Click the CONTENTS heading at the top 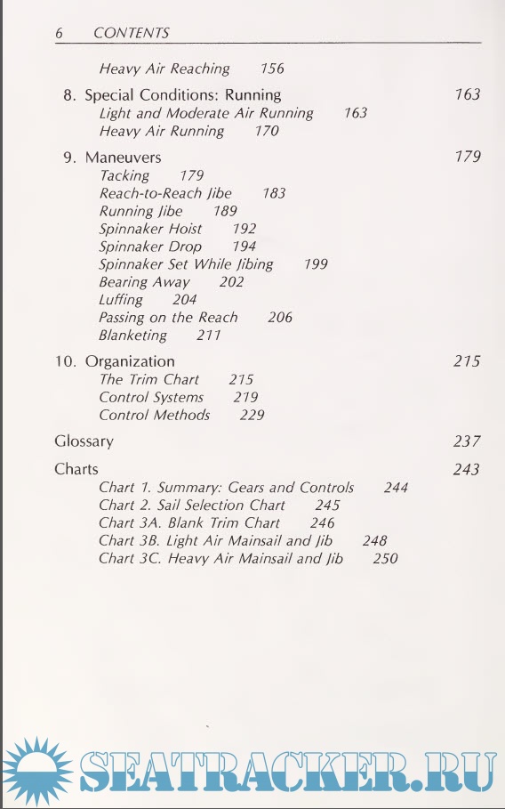pos(131,33)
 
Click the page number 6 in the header pos(60,33)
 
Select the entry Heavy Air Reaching pos(164,69)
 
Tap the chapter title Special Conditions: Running pos(182,94)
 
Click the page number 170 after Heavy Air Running pos(266,131)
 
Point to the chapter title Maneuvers pos(123,157)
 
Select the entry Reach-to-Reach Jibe pos(165,193)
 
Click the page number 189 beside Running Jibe pos(225,211)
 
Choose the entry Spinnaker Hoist pos(150,229)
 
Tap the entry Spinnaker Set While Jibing pos(186,264)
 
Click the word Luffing pos(121,300)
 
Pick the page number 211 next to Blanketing pos(209,336)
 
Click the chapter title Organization pos(129,361)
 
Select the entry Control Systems pos(151,397)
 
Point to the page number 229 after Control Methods pos(252,415)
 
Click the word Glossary pos(84,441)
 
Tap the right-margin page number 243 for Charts pos(466,469)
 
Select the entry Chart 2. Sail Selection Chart pos(192,505)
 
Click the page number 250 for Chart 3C pos(386,559)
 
